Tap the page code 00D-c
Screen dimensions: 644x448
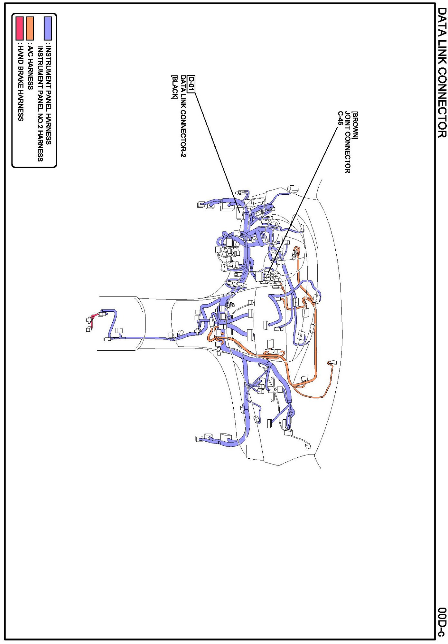click(442, 622)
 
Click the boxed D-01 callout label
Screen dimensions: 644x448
click(191, 84)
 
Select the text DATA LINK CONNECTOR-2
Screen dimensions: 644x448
click(183, 116)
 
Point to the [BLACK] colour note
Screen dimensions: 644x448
click(174, 87)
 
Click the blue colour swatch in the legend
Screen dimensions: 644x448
click(48, 28)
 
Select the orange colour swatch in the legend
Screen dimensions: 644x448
click(30, 28)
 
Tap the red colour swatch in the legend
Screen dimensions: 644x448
click(20, 28)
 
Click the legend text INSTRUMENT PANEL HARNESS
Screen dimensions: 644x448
click(48, 95)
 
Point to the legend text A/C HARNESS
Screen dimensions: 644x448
click(30, 68)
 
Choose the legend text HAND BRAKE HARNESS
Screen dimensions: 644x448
click(20, 83)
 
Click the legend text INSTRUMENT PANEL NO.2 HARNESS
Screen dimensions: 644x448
click(40, 103)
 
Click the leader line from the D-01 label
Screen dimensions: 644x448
click(217, 150)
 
